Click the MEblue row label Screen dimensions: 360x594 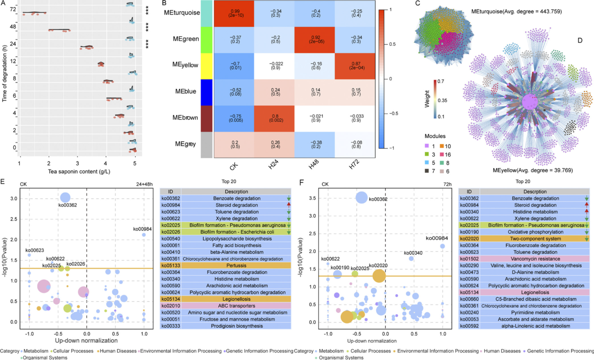(x=184, y=92)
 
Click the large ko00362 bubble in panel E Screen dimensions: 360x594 (x=65, y=197)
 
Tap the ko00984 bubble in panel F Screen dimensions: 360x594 (x=443, y=246)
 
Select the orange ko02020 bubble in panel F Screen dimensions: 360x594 (x=379, y=276)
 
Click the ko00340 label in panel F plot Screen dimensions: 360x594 (x=413, y=253)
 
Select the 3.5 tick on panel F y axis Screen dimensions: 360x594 (x=313, y=198)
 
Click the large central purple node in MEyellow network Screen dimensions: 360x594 (x=531, y=102)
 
